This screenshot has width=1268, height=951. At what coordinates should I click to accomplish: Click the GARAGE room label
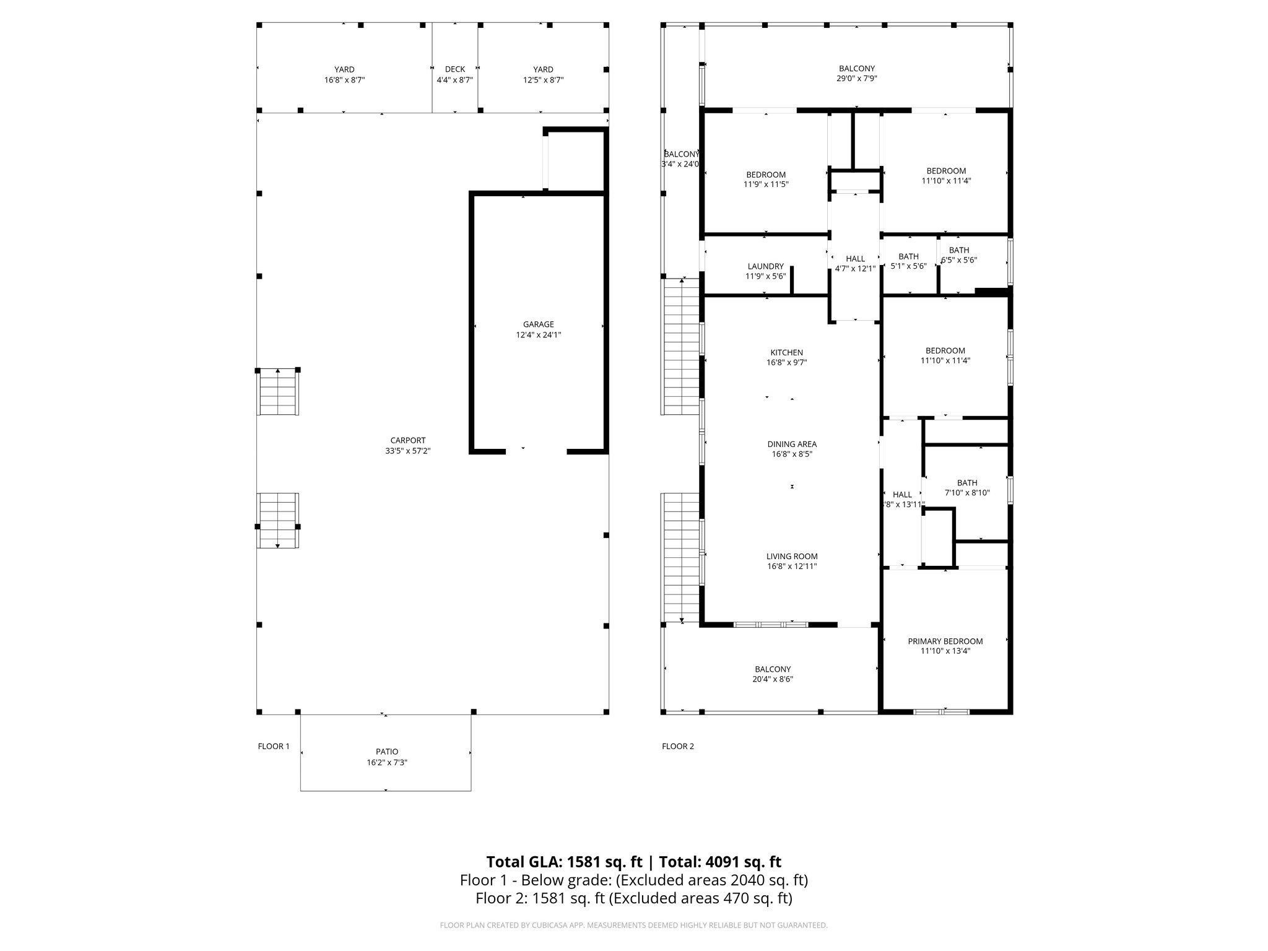(538, 324)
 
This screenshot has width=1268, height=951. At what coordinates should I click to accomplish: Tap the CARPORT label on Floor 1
(407, 441)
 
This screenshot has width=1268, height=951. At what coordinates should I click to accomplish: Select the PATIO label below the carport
(386, 752)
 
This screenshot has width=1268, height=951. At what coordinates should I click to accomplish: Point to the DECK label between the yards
(454, 69)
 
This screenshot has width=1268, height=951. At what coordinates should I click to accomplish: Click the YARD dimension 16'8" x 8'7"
(344, 80)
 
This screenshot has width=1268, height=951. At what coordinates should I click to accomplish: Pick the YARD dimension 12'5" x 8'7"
(543, 80)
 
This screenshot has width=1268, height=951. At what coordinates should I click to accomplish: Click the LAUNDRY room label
(765, 267)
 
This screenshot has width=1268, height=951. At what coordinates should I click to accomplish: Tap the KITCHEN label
(786, 353)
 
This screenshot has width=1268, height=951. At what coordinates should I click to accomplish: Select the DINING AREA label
(792, 444)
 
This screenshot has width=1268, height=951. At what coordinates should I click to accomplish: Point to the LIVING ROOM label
(792, 557)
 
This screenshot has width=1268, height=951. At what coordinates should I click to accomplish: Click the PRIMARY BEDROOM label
(945, 641)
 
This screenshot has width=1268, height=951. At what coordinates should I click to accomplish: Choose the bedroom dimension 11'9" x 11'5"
(766, 185)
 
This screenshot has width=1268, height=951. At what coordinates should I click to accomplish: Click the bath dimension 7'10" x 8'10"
(967, 493)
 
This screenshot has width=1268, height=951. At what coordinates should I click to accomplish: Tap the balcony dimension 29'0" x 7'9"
(857, 79)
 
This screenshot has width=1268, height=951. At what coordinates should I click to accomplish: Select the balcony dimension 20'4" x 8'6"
(773, 679)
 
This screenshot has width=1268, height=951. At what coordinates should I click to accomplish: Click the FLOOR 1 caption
(274, 747)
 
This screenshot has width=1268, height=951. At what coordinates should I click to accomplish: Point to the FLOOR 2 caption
(678, 747)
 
